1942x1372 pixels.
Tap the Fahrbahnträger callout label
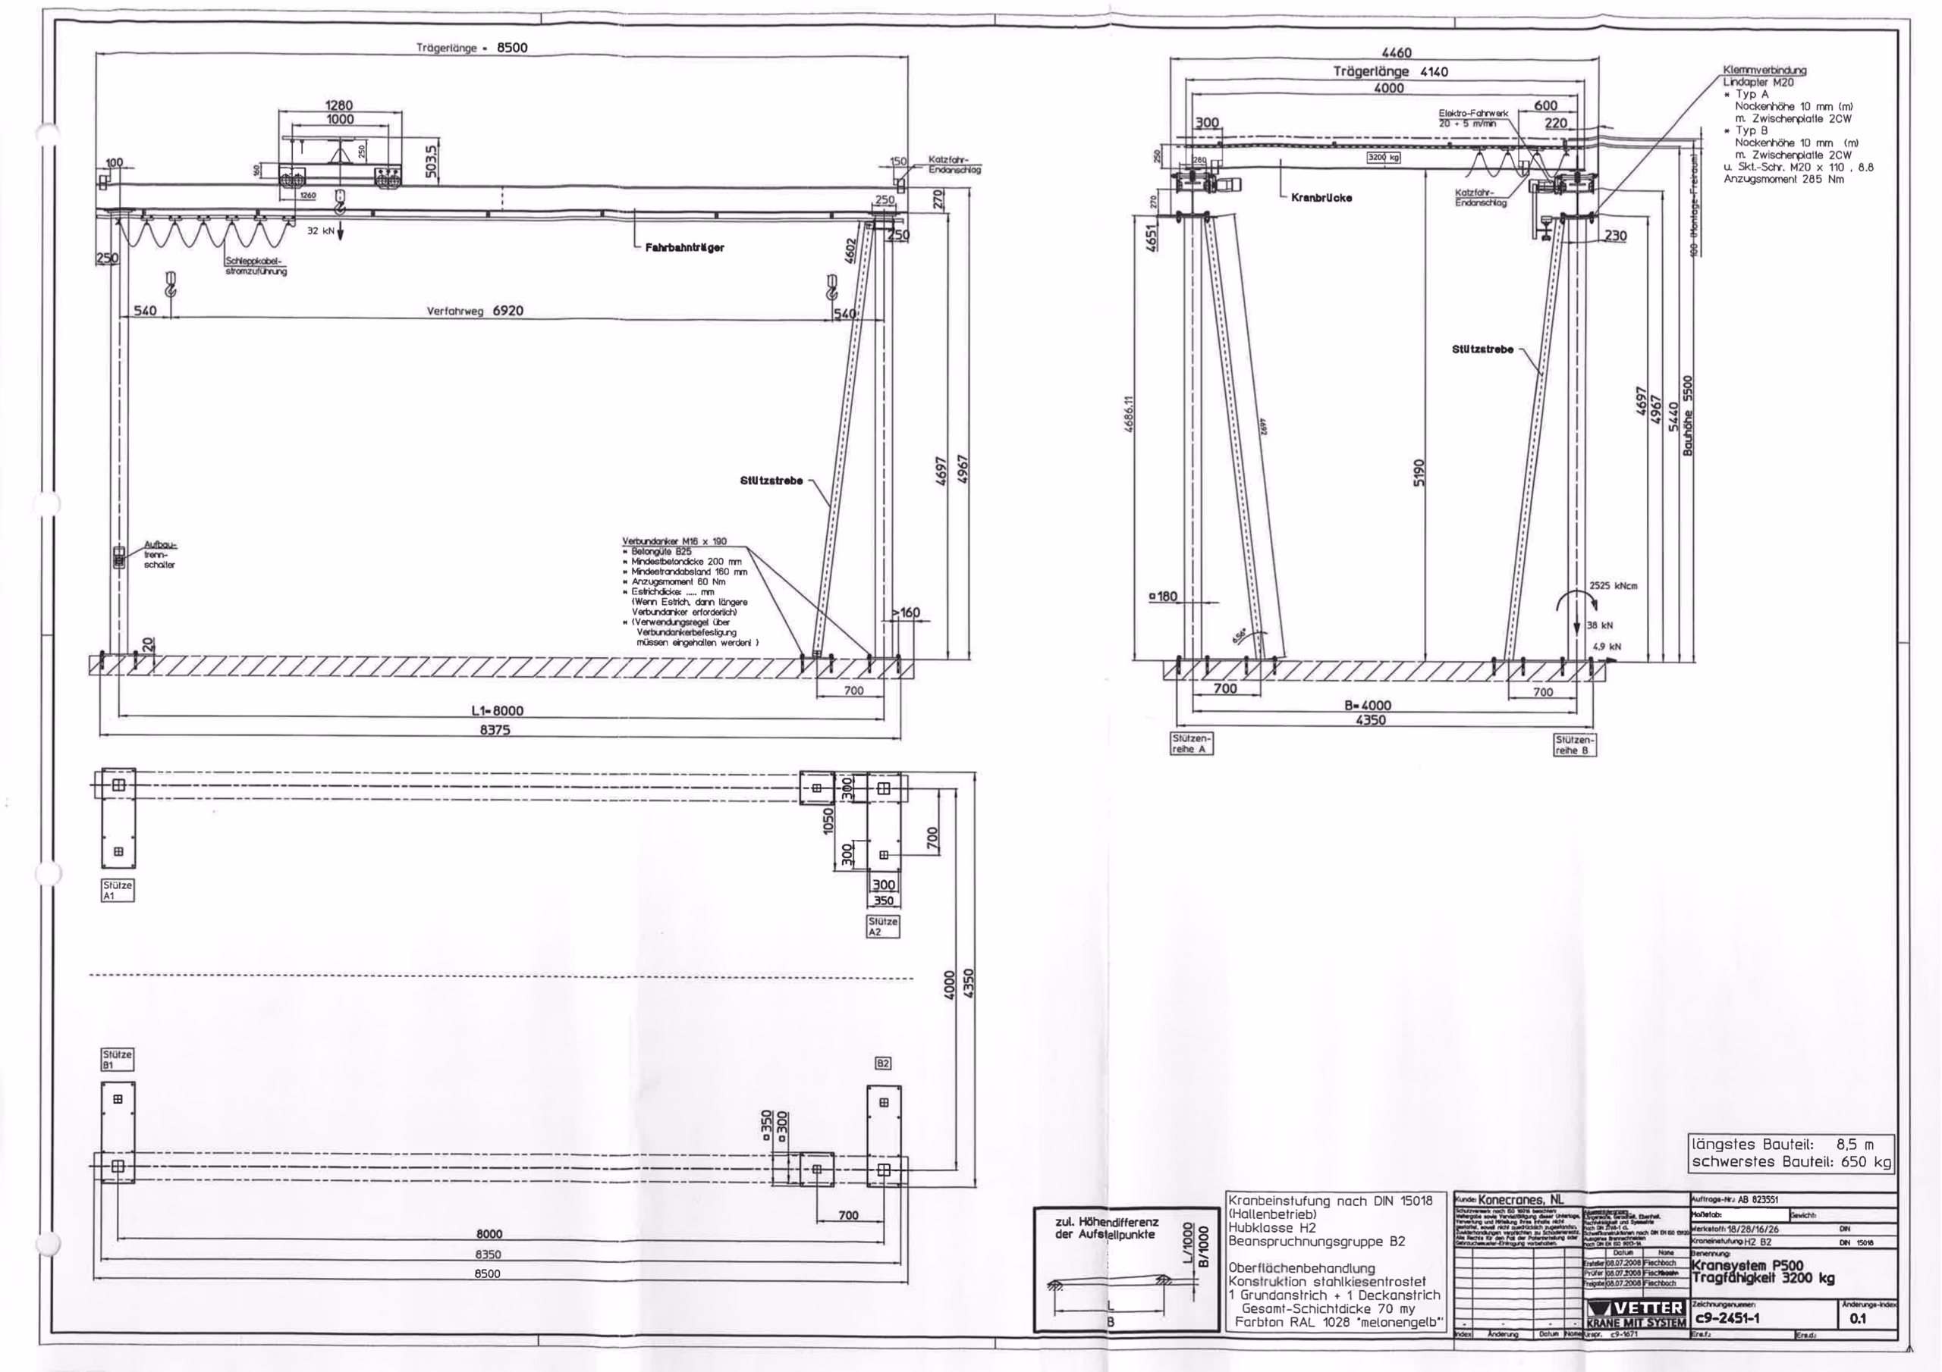click(684, 248)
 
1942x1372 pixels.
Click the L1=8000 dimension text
click(502, 712)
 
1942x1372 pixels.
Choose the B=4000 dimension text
click(1367, 705)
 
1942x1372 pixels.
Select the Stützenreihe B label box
click(1575, 744)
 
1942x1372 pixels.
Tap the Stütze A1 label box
click(118, 890)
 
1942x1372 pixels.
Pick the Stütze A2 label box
click(883, 926)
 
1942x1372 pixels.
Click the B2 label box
click(883, 1063)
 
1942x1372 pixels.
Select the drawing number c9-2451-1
click(1729, 1317)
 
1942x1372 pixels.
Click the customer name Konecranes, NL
click(1521, 1199)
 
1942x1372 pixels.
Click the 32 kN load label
click(319, 230)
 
